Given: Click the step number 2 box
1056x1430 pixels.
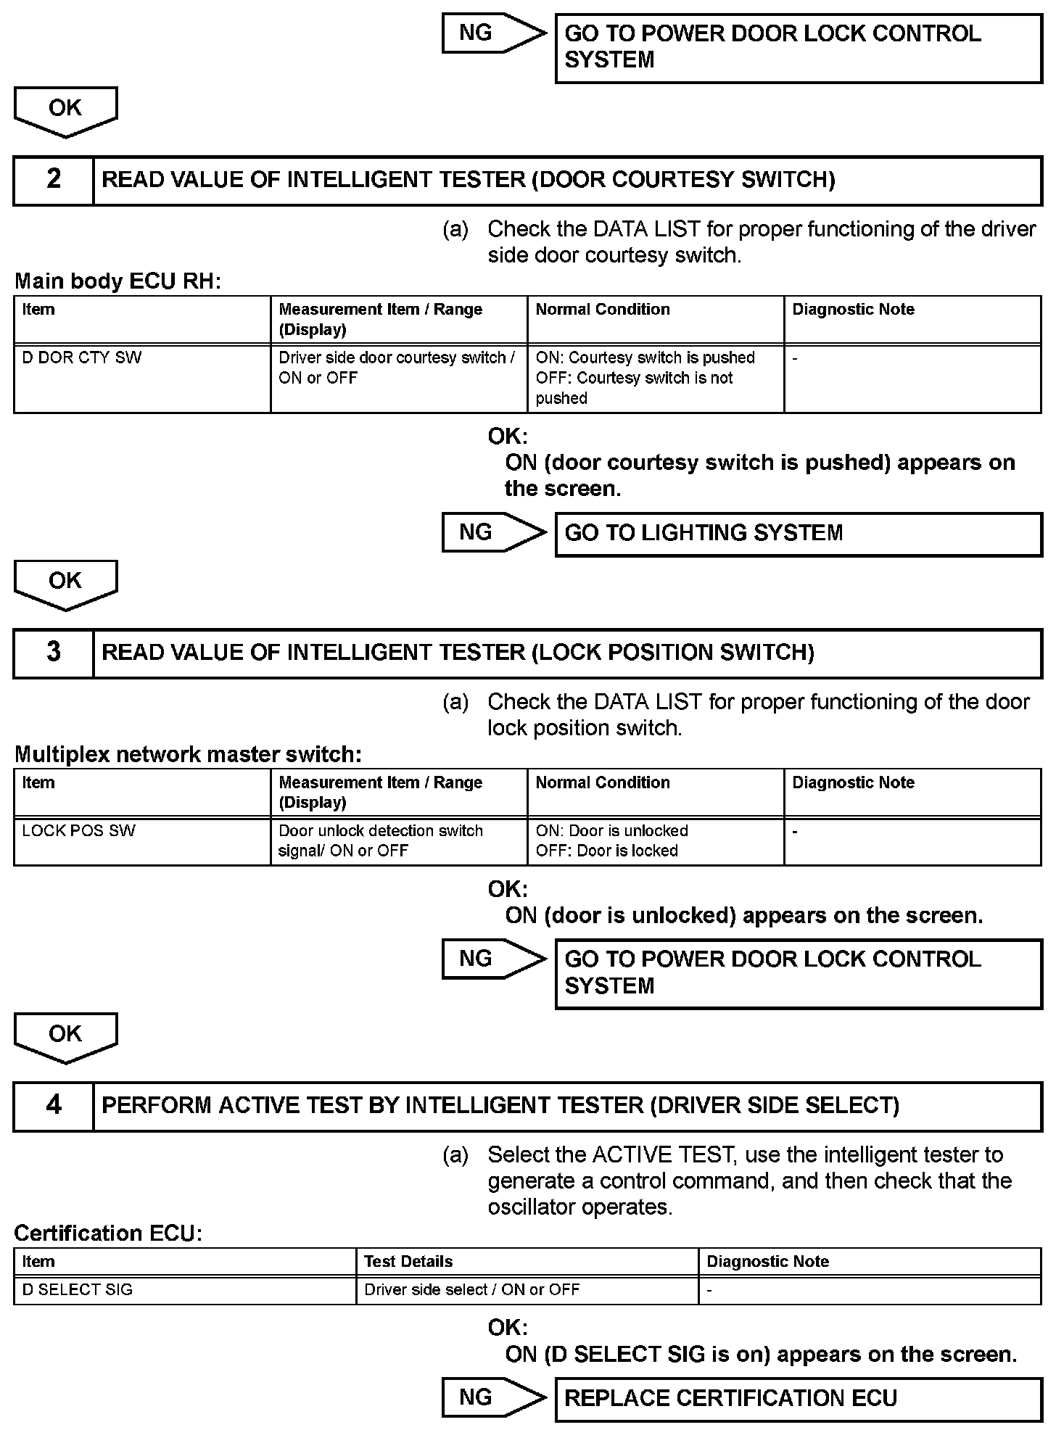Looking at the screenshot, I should [54, 181].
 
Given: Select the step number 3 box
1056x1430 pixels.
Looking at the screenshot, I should [54, 653].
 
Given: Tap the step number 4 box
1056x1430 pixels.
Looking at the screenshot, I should [54, 1106].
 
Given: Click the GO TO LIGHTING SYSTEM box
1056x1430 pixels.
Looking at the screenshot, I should [798, 534].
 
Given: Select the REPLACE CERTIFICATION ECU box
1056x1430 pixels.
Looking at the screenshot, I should [798, 1399].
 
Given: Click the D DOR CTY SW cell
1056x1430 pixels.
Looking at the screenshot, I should [142, 378].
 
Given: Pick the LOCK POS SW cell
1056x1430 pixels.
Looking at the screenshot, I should [142, 841].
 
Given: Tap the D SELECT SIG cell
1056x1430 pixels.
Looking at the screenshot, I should [185, 1290].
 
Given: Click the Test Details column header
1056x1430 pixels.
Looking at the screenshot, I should [527, 1262].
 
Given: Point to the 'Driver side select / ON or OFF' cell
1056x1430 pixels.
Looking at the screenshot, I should [527, 1290].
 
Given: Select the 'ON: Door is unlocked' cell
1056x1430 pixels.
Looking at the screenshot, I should [655, 841].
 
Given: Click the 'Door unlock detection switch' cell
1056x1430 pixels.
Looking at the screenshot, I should [398, 841].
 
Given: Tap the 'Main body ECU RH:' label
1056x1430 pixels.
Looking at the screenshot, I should [117, 281].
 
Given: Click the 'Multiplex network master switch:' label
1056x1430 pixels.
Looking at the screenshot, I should [188, 755].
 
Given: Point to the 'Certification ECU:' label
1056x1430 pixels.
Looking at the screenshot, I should [108, 1233].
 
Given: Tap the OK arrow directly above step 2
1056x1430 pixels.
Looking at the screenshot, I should [65, 110].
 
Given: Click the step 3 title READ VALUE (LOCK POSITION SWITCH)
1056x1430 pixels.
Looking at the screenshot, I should [458, 653].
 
